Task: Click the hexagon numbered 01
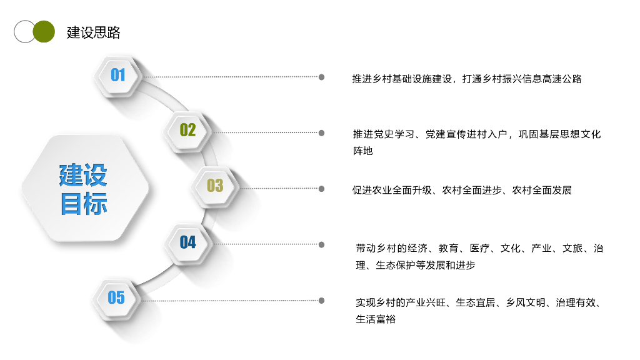[118, 75]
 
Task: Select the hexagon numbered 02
[188, 130]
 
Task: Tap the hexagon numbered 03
[215, 186]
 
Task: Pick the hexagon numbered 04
[188, 242]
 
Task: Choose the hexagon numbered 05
[116, 297]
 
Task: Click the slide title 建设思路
[94, 32]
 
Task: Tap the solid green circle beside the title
[44, 32]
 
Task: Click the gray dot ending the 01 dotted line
[321, 77]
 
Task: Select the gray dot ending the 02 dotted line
[321, 132]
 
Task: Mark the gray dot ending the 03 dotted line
[321, 188]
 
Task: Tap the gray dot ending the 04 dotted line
[321, 244]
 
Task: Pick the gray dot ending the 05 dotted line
[321, 300]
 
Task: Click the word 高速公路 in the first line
[562, 79]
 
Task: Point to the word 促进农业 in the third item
[372, 190]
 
